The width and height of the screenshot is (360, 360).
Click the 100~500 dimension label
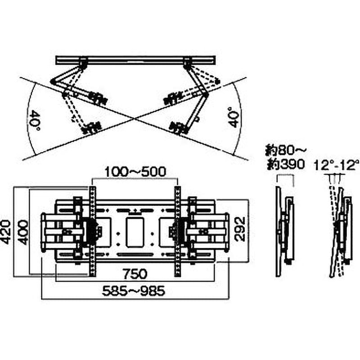pyautogui.click(x=135, y=172)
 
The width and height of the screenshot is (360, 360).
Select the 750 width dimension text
pyautogui.click(x=135, y=274)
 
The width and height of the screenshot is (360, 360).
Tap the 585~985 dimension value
pyautogui.click(x=133, y=291)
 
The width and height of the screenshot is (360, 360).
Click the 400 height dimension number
pyautogui.click(x=22, y=232)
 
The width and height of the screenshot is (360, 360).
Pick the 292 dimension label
pyautogui.click(x=240, y=229)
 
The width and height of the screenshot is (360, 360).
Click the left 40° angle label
pyautogui.click(x=35, y=121)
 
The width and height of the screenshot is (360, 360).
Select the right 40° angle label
pyautogui.click(x=234, y=117)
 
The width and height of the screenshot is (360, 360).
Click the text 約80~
pyautogui.click(x=286, y=151)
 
